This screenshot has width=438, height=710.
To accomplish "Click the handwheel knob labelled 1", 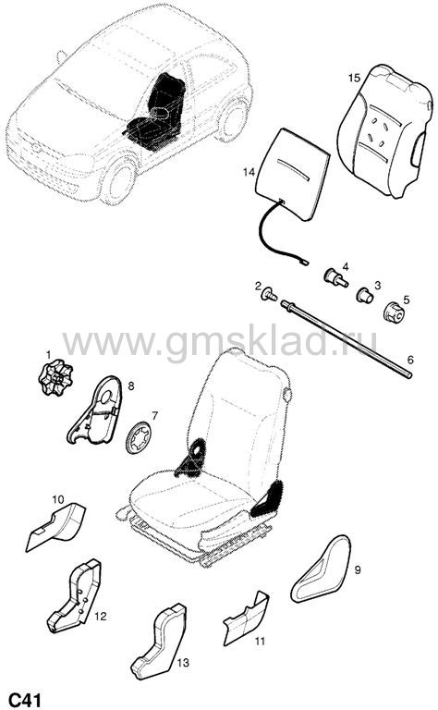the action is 55,376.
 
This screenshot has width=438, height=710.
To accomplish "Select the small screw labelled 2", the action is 271,295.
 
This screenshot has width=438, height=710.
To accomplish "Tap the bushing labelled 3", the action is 365,295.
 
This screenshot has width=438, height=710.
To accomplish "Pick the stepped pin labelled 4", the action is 335,277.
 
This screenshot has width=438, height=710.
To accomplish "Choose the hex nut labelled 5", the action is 394,312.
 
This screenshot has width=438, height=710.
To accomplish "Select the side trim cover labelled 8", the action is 96,410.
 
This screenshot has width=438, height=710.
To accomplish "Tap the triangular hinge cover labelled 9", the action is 321,569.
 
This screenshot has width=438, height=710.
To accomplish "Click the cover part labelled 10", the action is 56,526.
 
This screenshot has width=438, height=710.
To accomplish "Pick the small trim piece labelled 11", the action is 247,618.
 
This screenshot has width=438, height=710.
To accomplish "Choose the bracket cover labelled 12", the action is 74,596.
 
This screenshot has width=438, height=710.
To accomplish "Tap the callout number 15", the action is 354,78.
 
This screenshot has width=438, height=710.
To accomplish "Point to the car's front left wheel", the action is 118,180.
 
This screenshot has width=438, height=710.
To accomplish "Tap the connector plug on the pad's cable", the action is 305,262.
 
